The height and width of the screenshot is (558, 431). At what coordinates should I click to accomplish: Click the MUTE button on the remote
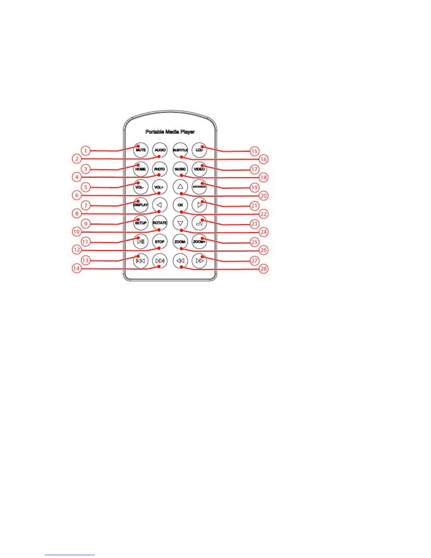[140, 150]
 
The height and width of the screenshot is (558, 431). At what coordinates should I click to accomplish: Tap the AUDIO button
[160, 150]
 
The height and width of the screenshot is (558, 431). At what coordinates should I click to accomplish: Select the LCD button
[199, 150]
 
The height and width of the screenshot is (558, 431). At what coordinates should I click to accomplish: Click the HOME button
[140, 169]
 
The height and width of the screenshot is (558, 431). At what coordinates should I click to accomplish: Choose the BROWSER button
[199, 187]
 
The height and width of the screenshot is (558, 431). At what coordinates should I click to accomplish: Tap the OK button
[180, 205]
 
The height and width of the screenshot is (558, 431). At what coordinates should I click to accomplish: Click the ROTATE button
[160, 223]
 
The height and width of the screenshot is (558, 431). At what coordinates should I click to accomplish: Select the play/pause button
[140, 242]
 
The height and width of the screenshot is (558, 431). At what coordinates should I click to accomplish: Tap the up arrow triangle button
[180, 186]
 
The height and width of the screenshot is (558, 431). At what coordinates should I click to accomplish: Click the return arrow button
[199, 223]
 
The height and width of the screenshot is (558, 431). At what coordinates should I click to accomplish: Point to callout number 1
[86, 151]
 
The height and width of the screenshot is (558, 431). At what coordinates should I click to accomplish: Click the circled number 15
[255, 151]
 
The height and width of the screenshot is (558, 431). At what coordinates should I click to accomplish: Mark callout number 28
[263, 269]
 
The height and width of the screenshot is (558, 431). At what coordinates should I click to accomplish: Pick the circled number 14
[76, 268]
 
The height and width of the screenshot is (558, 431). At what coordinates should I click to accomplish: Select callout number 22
[263, 214]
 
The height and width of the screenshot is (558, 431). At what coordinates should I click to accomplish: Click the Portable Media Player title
[170, 132]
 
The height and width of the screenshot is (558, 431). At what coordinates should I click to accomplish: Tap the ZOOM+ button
[199, 242]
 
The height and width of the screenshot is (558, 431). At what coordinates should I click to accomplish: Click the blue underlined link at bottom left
[70, 555]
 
